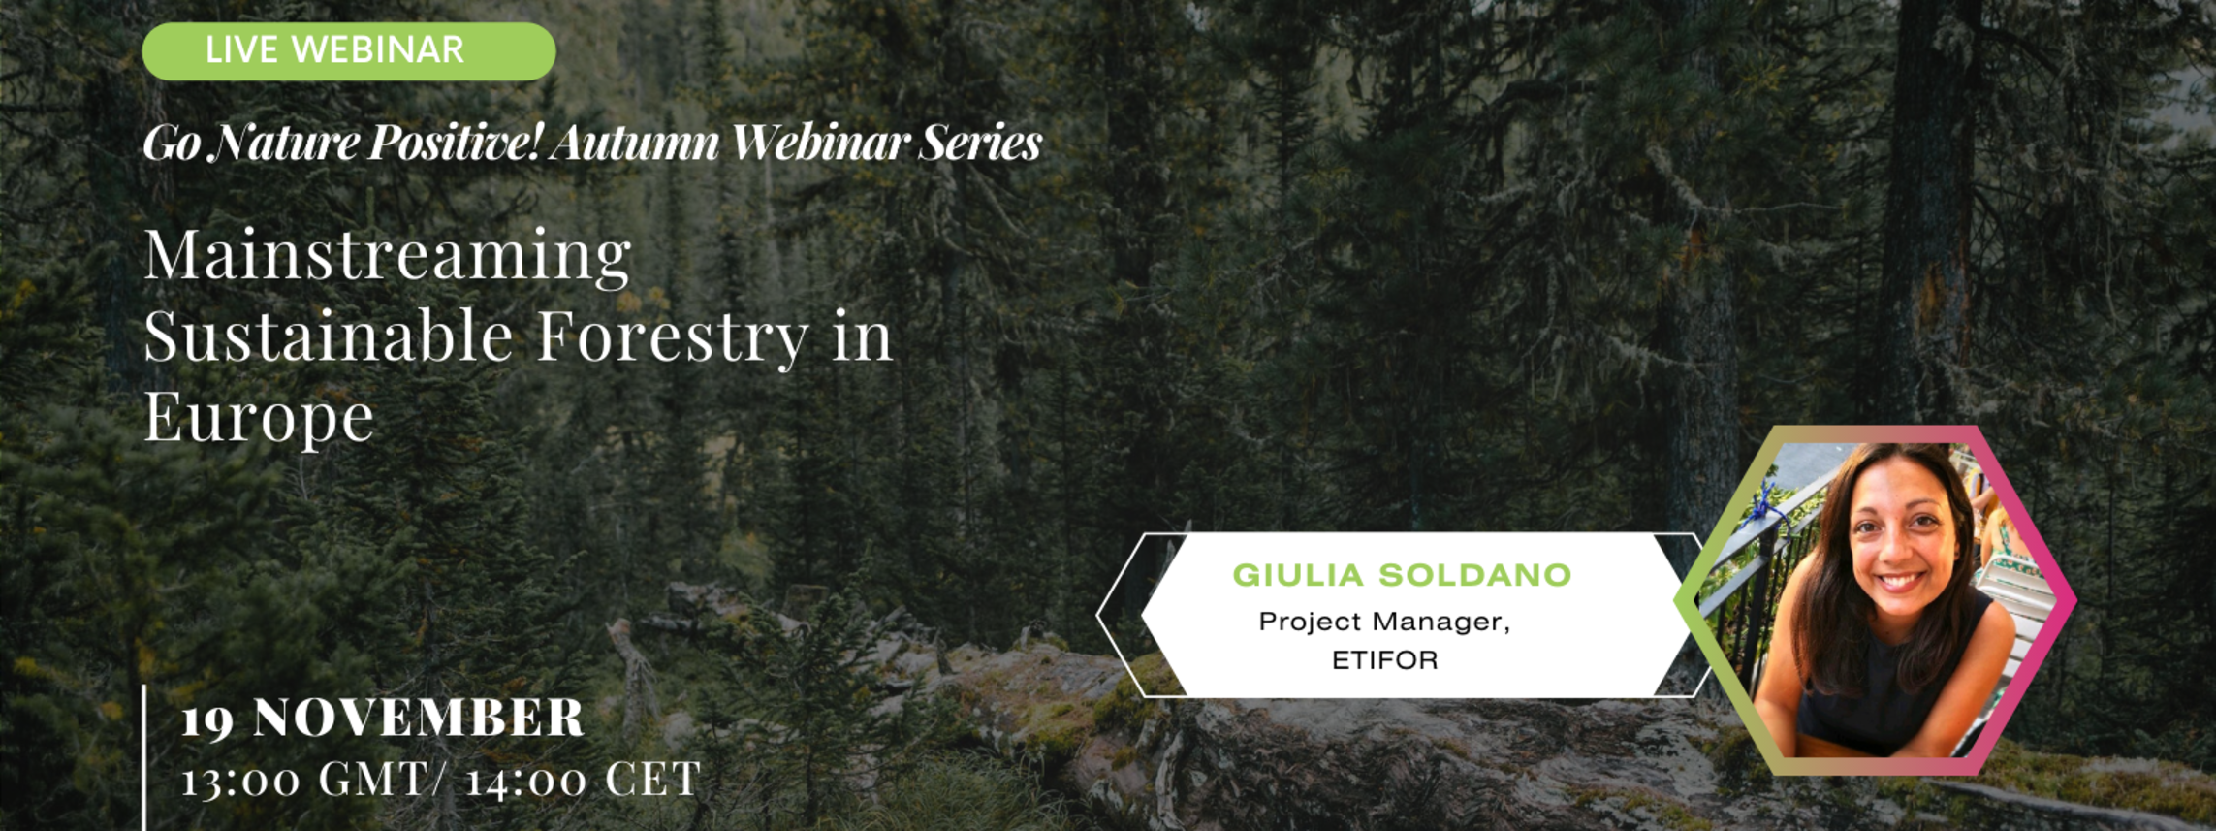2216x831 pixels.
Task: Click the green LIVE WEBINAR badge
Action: (349, 51)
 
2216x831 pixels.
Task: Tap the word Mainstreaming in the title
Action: (388, 256)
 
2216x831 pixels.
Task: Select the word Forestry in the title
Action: (673, 337)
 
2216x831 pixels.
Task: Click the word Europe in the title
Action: (259, 419)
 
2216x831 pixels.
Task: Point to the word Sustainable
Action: (329, 336)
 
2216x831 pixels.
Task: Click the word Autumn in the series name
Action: (636, 144)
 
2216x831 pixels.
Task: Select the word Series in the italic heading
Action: (980, 144)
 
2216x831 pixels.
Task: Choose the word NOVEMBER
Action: (419, 719)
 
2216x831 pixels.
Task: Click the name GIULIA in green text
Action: (1299, 575)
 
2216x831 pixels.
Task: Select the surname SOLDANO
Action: (1475, 575)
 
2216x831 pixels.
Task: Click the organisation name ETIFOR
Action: (1384, 660)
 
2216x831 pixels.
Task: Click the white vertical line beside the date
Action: (144, 757)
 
